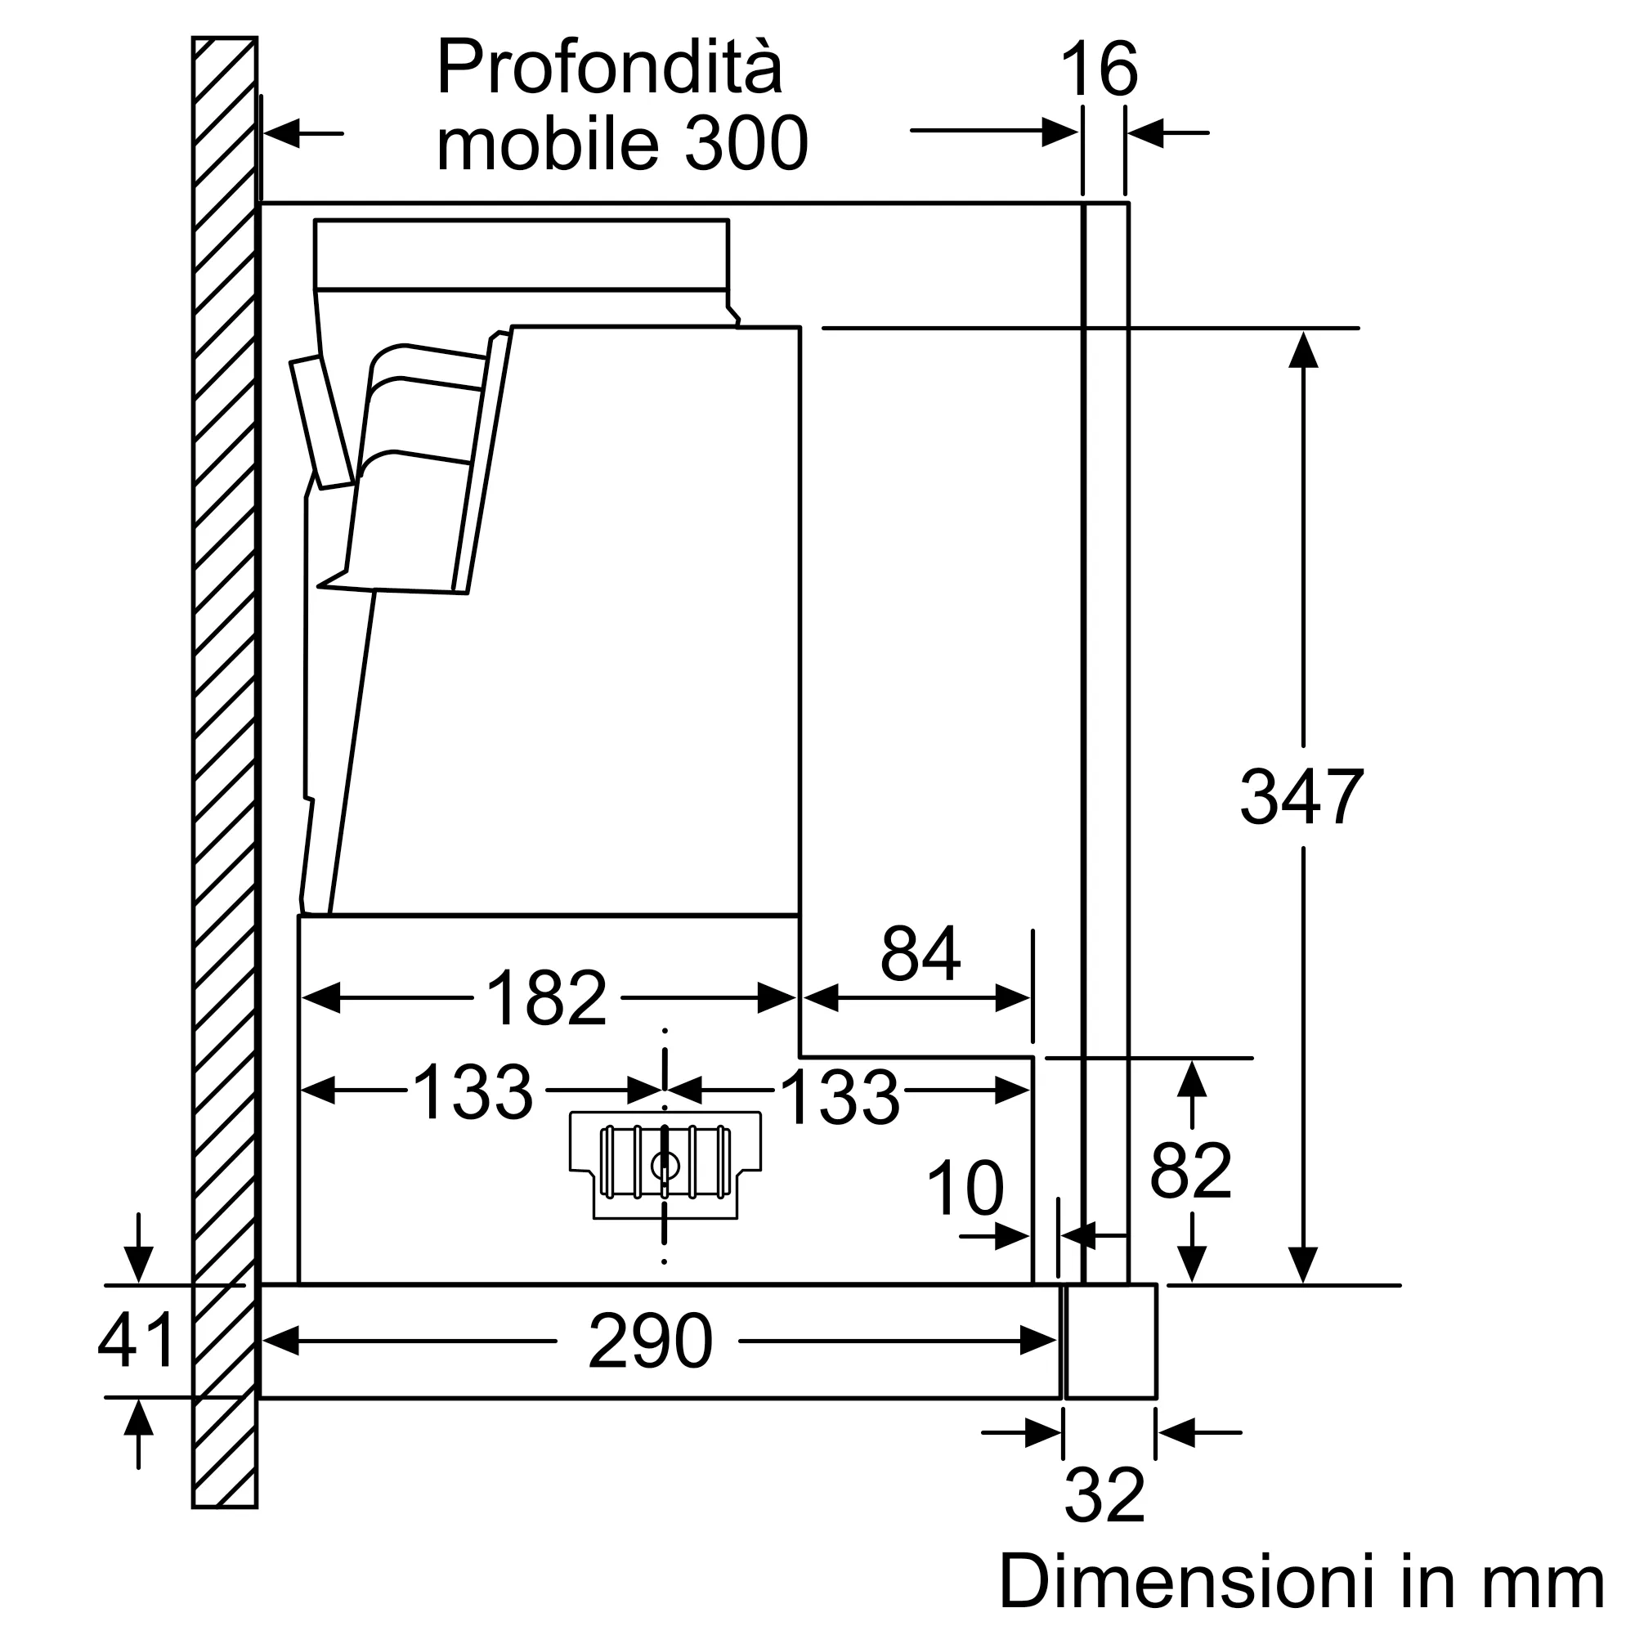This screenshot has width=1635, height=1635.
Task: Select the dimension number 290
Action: pos(650,1341)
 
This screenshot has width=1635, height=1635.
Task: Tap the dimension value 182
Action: pos(547,997)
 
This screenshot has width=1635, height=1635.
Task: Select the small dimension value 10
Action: pos(965,1188)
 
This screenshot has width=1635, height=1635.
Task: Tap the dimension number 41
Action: pos(137,1341)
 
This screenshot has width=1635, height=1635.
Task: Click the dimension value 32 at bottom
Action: pos(1104,1495)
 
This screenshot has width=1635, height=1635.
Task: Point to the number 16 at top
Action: pos(1099,70)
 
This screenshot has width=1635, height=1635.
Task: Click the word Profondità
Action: pos(609,68)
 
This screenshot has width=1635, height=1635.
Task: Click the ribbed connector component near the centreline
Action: pos(665,1162)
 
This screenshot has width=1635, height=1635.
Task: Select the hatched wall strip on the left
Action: pos(224,762)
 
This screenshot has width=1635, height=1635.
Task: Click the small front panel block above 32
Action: pos(1110,1341)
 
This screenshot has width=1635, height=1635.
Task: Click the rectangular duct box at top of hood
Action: pos(521,254)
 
